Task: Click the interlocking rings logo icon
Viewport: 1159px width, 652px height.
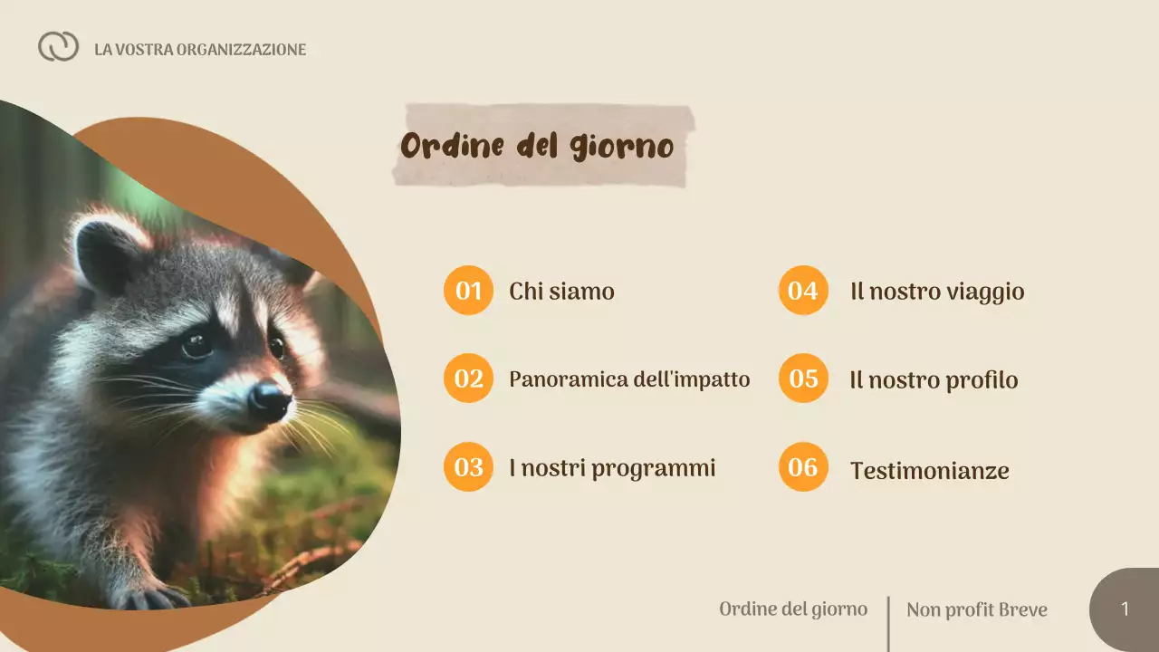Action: pyautogui.click(x=58, y=46)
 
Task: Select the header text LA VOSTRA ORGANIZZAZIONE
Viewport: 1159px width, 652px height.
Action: pyautogui.click(x=200, y=50)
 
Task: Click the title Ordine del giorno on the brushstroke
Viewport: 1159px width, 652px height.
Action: pyautogui.click(x=537, y=146)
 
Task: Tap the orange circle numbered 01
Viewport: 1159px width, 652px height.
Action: pyautogui.click(x=468, y=291)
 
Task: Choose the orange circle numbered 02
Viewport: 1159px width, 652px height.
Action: pyautogui.click(x=468, y=379)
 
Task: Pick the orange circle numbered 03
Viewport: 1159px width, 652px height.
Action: pyautogui.click(x=468, y=466)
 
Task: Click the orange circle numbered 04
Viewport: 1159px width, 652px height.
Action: pyautogui.click(x=803, y=291)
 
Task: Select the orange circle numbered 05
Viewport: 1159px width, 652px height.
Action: pyautogui.click(x=803, y=379)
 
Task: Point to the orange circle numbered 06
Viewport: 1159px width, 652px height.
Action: pyautogui.click(x=803, y=466)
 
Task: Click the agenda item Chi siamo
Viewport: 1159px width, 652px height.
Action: pyautogui.click(x=561, y=292)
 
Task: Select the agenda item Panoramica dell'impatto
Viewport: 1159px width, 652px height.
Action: pyautogui.click(x=629, y=379)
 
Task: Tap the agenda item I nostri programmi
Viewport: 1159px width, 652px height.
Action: pyautogui.click(x=612, y=468)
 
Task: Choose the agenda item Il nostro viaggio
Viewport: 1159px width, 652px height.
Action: pyautogui.click(x=937, y=292)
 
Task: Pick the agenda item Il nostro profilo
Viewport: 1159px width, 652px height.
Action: pyautogui.click(x=934, y=380)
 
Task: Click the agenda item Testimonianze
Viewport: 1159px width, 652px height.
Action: pyautogui.click(x=929, y=471)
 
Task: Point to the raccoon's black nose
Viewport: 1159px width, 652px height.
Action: pyautogui.click(x=270, y=398)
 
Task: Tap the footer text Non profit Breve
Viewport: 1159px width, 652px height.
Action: pyautogui.click(x=976, y=609)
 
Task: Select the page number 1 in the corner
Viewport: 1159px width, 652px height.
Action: pyautogui.click(x=1125, y=609)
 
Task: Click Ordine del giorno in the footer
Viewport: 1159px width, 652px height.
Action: pyautogui.click(x=793, y=609)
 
